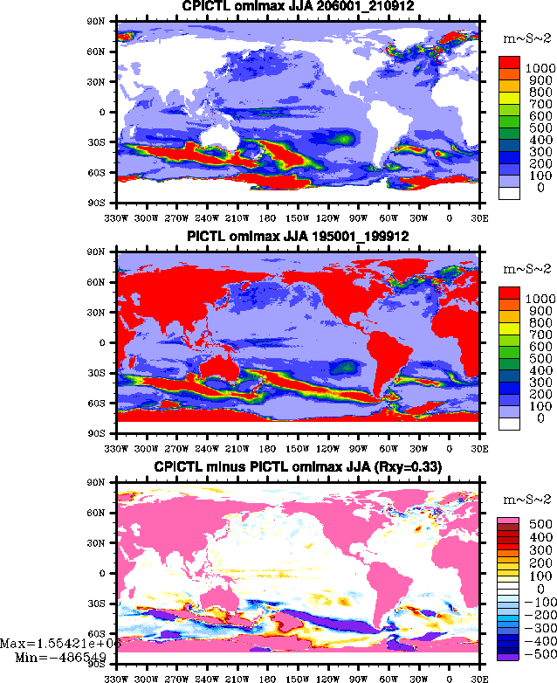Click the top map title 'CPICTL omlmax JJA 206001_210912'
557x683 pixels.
click(298, 6)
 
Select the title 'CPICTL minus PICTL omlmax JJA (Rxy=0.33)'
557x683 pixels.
click(298, 467)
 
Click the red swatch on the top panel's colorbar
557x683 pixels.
click(510, 64)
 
